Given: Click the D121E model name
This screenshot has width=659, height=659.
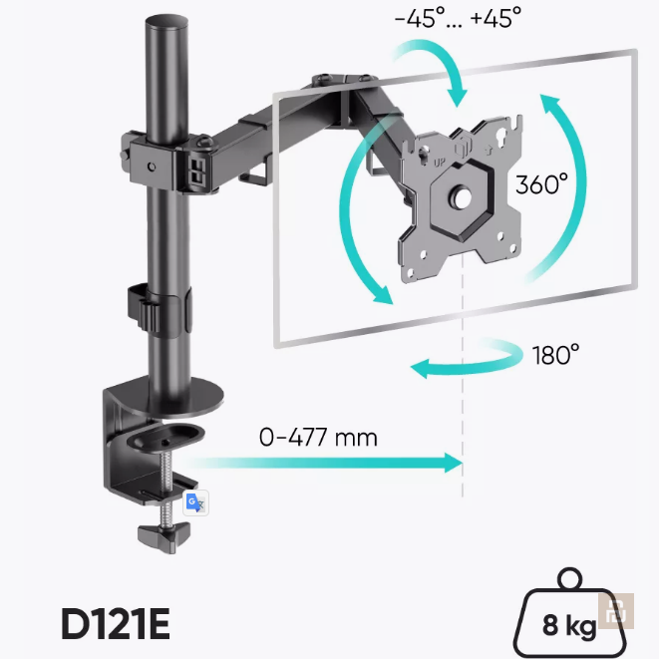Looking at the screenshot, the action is [x=116, y=624].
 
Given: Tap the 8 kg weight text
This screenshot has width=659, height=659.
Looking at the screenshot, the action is [x=569, y=626].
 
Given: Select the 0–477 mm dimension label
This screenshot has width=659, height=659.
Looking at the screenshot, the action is [x=318, y=437].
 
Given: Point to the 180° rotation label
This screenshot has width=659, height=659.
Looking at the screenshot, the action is [x=555, y=355].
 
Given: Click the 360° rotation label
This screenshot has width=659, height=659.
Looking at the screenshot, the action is [x=541, y=184].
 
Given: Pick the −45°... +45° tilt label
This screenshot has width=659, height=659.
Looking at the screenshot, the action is [x=458, y=18].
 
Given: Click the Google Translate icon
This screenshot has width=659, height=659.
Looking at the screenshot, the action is [x=195, y=502].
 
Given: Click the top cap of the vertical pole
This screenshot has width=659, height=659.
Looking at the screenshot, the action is [x=166, y=22].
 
